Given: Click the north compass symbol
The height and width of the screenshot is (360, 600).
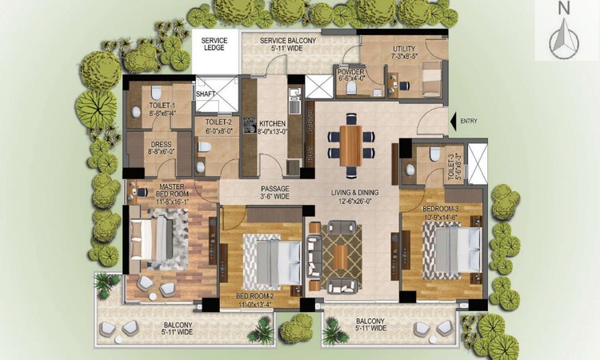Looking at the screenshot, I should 565,36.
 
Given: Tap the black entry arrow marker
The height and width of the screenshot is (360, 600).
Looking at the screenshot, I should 454,121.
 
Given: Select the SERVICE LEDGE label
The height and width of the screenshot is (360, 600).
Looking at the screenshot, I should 214,44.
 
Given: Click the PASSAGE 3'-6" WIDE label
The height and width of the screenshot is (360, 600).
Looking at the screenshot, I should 274,193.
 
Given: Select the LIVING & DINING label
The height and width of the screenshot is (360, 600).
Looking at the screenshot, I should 356,197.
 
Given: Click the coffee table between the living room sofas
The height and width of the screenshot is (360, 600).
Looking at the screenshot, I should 341,257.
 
